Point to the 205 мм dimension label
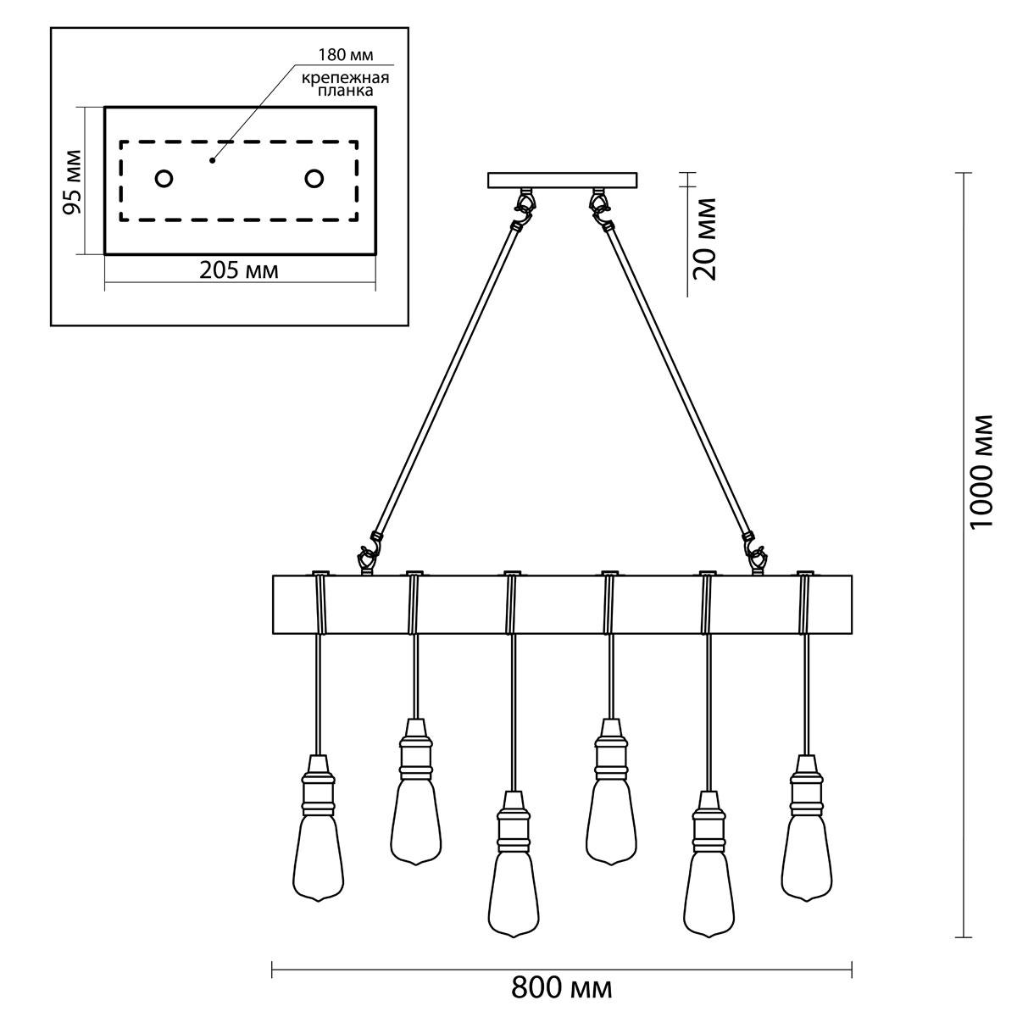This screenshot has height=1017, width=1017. pos(239,271)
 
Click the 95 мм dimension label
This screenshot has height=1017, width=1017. pos(72,182)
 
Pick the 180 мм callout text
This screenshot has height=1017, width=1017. pos(346,55)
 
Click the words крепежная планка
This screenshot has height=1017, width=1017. pos(345,85)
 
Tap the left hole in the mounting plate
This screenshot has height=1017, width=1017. pos(164,179)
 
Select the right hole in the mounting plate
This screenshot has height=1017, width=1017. pos(314,179)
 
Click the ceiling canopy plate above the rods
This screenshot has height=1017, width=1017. pos(562,181)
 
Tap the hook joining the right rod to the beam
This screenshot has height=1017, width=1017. pos(758,554)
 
